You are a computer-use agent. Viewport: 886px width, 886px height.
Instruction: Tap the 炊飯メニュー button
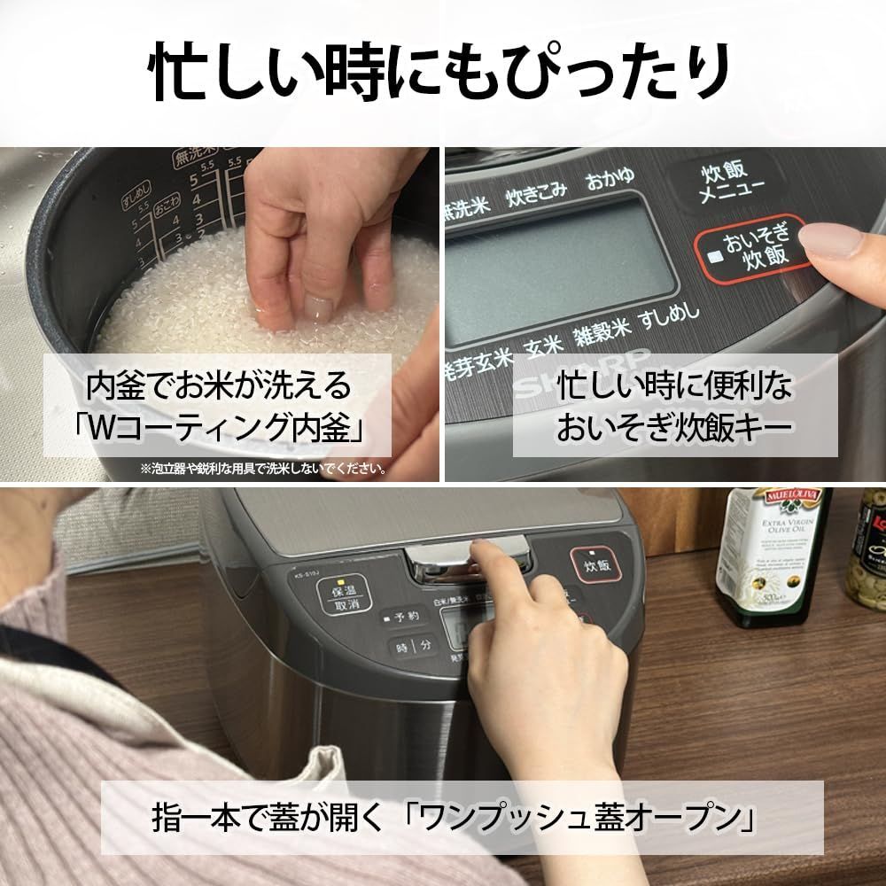pos(725,183)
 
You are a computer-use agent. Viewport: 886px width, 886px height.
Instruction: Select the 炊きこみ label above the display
pos(536,194)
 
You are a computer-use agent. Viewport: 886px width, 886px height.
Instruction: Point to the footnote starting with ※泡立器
pos(262,469)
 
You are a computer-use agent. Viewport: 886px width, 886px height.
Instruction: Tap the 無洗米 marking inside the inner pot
pos(188,159)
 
